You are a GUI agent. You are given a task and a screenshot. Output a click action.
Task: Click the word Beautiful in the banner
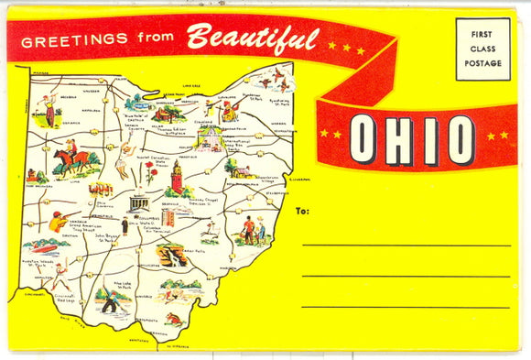click(x=253, y=38)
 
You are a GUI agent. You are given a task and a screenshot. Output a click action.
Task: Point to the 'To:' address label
click(x=303, y=211)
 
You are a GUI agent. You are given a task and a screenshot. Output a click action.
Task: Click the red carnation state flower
click(x=147, y=172)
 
